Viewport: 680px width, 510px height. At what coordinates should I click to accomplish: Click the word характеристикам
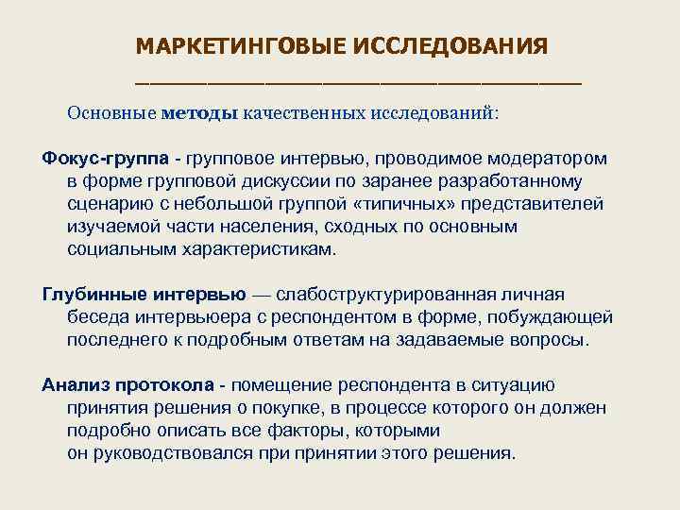(263, 249)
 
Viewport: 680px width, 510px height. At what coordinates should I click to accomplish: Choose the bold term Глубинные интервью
(144, 295)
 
